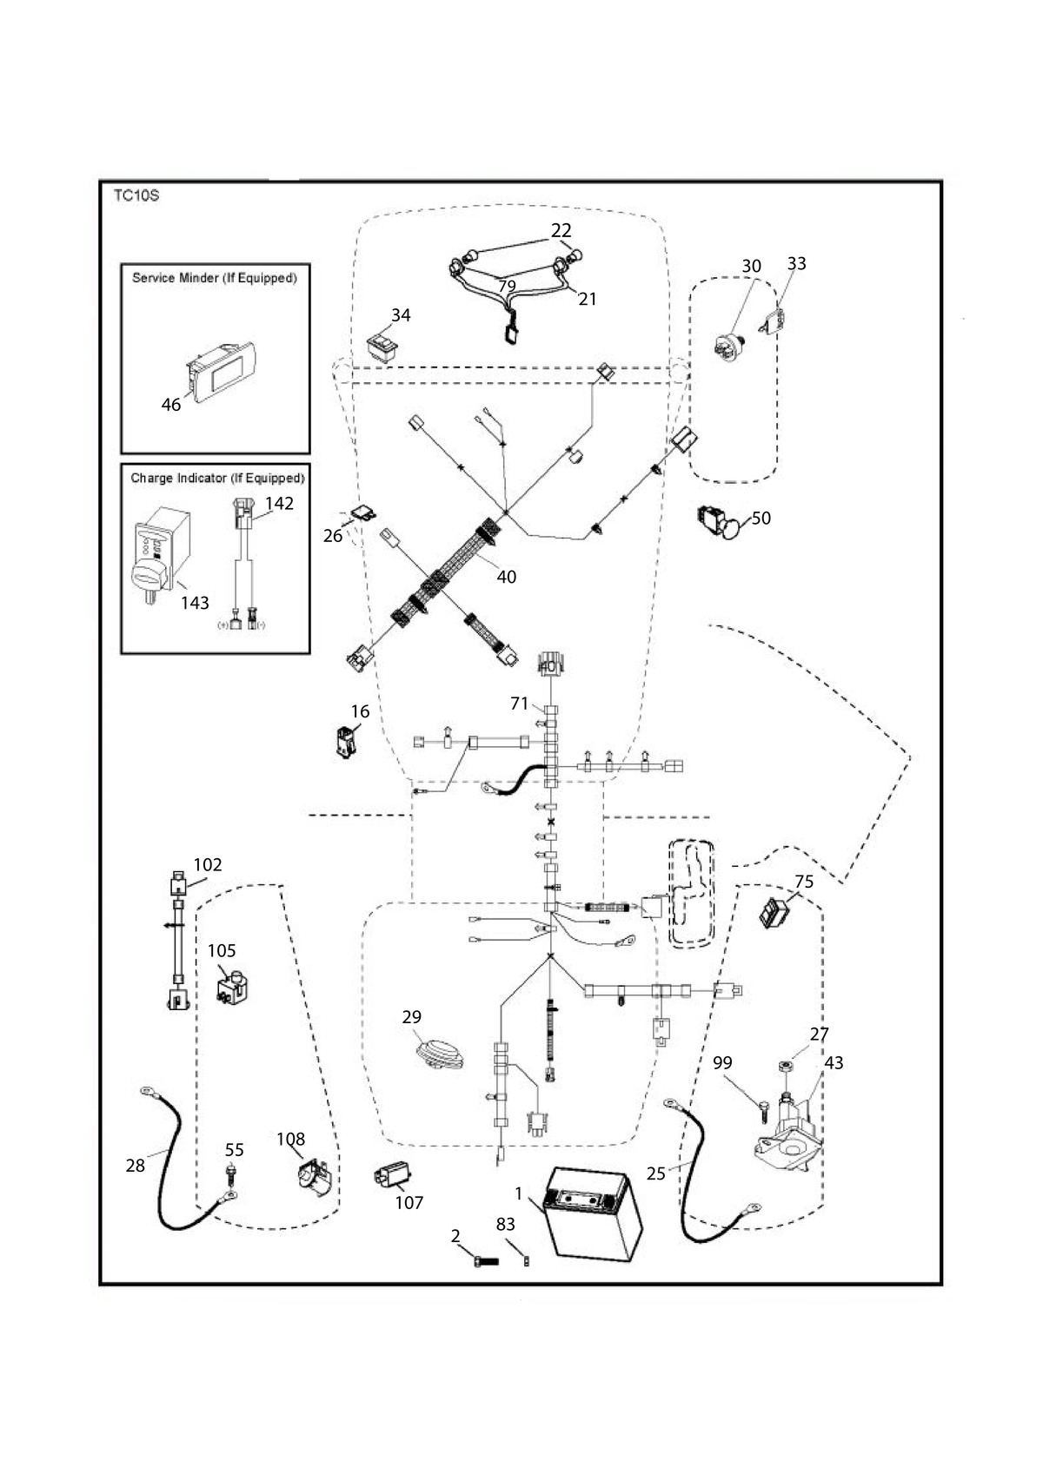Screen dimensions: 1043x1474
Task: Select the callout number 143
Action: [x=195, y=603]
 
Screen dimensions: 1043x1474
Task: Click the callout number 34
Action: [x=401, y=315]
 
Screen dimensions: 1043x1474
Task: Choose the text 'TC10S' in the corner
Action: [x=136, y=196]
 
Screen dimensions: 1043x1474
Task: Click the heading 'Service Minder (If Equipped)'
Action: [x=215, y=278]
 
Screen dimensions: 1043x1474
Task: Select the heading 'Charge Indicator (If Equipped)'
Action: [x=218, y=479]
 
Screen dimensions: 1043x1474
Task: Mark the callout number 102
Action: [x=208, y=864]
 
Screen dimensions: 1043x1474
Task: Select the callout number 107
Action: [x=409, y=1202]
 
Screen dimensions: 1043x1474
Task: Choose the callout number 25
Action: [x=656, y=1173]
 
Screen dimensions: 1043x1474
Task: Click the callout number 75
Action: [x=804, y=881]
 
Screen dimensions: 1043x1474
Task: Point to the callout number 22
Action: [x=561, y=230]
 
